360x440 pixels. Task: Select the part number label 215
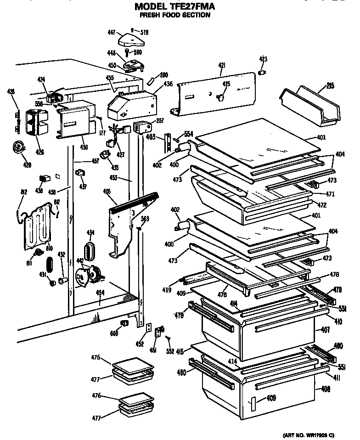330,85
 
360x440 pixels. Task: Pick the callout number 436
168,84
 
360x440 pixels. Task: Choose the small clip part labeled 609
124,324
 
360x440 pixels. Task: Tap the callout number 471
330,194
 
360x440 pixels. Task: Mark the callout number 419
166,290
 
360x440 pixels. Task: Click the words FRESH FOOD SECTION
175,15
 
